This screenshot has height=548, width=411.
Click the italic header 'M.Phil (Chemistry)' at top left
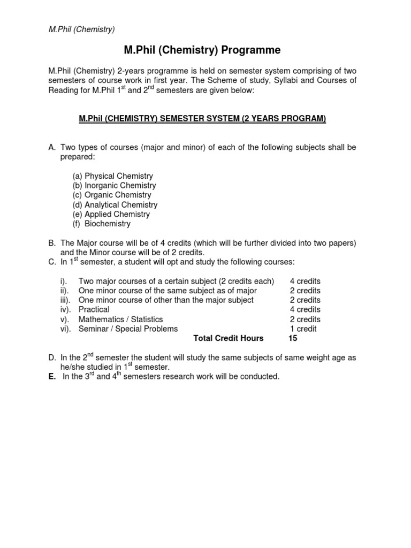click(81, 29)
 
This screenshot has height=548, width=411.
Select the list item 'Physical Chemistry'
click(118, 176)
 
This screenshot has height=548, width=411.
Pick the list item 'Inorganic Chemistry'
click(120, 186)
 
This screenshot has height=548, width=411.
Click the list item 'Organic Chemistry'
click(118, 195)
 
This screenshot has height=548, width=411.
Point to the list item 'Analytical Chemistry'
click(121, 205)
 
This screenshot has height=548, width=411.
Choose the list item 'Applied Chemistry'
click(117, 215)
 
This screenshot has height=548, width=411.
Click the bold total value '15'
click(292, 339)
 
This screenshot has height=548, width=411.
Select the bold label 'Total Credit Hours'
click(229, 339)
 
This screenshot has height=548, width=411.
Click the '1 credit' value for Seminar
click(303, 329)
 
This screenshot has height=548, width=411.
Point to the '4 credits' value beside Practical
click(305, 310)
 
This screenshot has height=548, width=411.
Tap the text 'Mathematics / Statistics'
click(121, 319)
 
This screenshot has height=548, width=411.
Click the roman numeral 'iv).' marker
click(66, 310)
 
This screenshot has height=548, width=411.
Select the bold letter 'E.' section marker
click(52, 377)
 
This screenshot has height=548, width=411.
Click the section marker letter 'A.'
click(52, 147)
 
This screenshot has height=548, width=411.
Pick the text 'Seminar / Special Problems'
click(128, 329)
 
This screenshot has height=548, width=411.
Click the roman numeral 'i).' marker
click(64, 281)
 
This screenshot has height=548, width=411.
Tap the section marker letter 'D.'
click(52, 357)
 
